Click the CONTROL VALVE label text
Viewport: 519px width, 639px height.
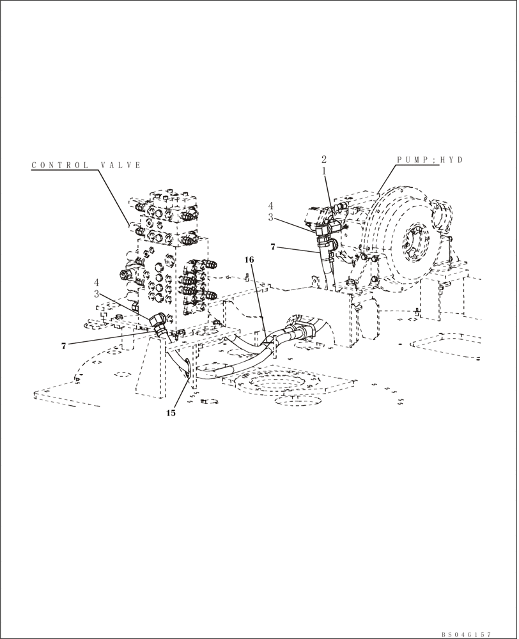[86, 166]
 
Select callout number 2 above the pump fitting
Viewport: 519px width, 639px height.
[324, 159]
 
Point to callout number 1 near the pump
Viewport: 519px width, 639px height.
[324, 171]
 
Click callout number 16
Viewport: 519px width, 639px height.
[249, 259]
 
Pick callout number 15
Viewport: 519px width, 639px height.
[171, 413]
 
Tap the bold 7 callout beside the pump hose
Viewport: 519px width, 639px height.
[274, 246]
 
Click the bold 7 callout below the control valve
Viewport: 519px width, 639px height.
[63, 346]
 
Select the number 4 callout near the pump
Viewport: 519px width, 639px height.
[270, 206]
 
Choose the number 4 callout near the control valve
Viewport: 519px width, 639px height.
[97, 282]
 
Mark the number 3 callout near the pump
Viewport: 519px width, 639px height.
[270, 218]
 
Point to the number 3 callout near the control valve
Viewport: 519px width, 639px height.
[97, 294]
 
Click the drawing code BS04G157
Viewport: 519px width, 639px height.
[466, 635]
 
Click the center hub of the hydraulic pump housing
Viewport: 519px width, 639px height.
[415, 241]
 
